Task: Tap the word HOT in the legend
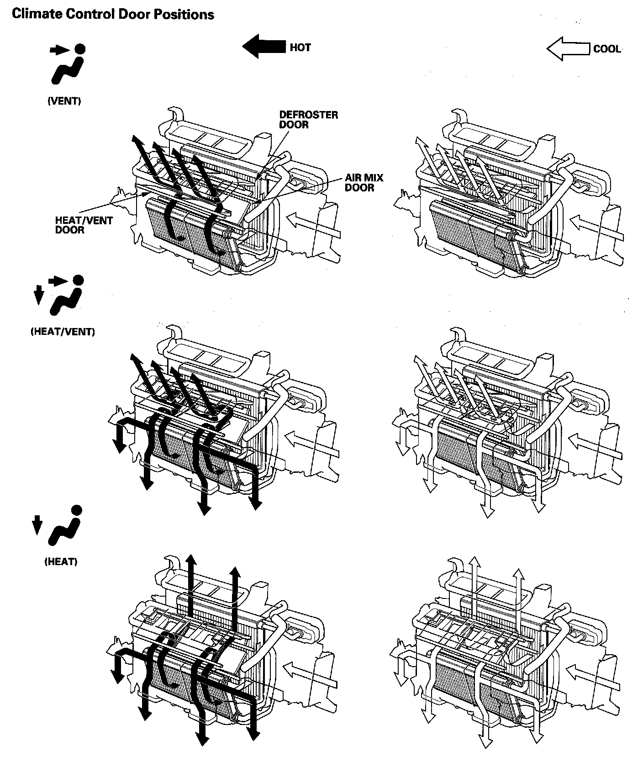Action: [x=300, y=48]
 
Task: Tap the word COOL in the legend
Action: [x=607, y=49]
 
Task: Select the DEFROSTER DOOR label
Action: [x=308, y=120]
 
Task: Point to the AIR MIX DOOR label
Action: [x=364, y=183]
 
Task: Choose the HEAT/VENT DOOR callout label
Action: [x=84, y=225]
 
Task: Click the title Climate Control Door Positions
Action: [x=113, y=15]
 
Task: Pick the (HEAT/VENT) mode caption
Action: [x=63, y=332]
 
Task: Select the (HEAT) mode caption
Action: [x=61, y=562]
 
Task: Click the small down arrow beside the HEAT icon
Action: [x=37, y=525]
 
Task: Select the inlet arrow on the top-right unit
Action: [x=596, y=228]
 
